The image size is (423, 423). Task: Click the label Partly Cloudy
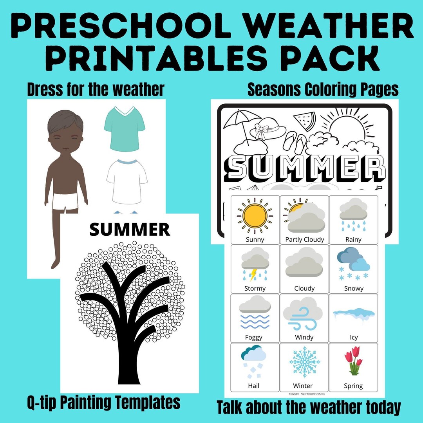tap(304, 239)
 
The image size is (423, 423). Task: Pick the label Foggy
tap(254, 337)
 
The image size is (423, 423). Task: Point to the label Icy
tap(354, 337)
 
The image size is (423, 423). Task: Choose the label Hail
tap(254, 386)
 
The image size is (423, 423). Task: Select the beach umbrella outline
tap(237, 121)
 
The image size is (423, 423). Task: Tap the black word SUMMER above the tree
tap(130, 230)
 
